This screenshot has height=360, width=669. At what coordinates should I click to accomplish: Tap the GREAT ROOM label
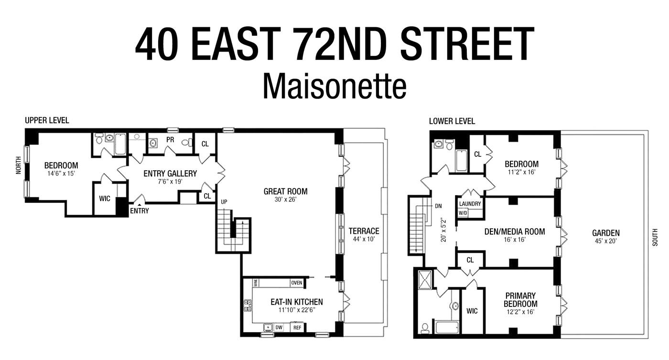click(285, 192)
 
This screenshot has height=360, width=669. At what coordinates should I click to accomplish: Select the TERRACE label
click(364, 231)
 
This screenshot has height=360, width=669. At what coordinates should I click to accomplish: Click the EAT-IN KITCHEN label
click(296, 302)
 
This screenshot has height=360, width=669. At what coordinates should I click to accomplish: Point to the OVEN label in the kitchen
click(296, 283)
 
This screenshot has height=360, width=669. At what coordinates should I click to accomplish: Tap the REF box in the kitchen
click(297, 327)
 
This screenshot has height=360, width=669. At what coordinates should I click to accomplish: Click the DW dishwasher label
click(279, 327)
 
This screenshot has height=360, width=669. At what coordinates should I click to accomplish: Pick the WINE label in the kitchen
click(256, 283)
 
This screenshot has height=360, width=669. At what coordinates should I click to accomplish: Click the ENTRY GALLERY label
click(170, 174)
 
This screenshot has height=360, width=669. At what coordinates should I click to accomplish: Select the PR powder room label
click(170, 140)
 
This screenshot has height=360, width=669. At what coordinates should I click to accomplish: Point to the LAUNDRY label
click(470, 204)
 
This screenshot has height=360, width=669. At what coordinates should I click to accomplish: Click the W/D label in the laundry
click(463, 213)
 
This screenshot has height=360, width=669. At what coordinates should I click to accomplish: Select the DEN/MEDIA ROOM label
click(514, 232)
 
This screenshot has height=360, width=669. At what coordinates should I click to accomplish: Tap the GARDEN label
click(605, 233)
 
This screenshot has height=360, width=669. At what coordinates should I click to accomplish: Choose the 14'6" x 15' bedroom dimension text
click(61, 174)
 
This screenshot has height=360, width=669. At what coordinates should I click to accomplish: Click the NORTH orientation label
click(19, 165)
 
